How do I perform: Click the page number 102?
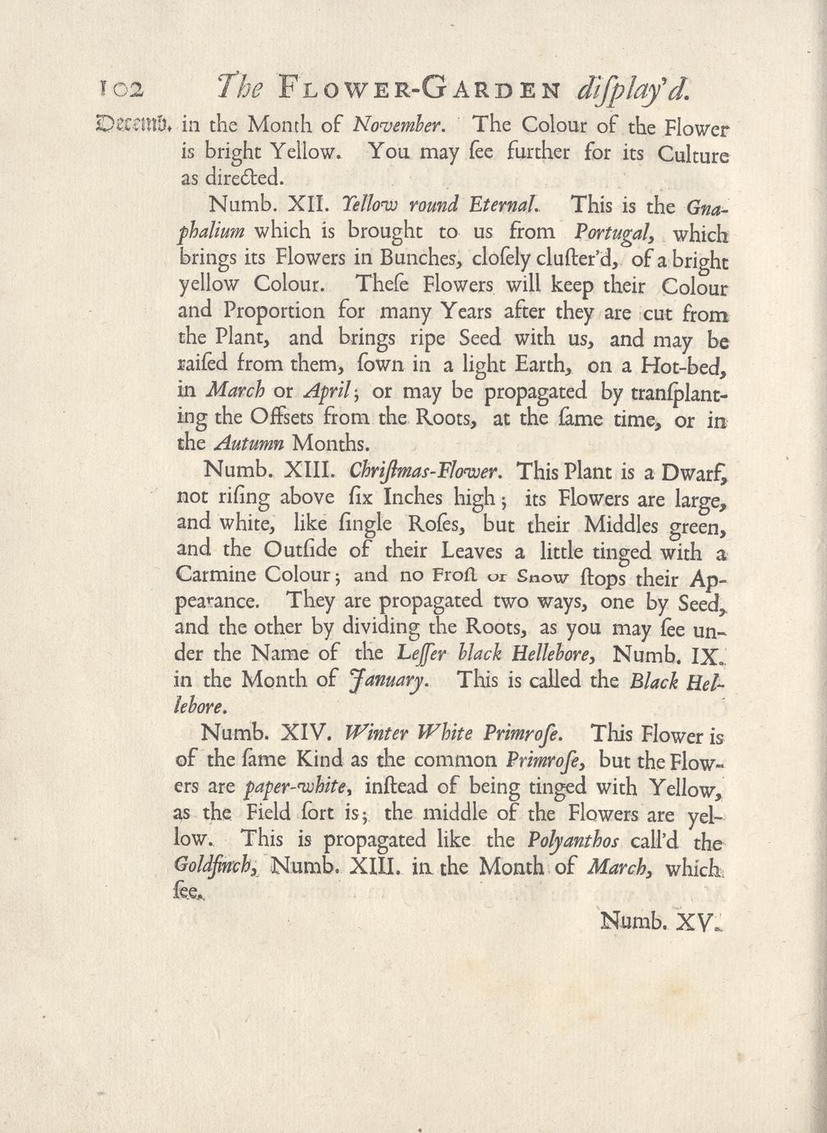(x=121, y=87)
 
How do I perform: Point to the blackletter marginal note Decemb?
(x=133, y=126)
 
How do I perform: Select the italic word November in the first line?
(x=398, y=126)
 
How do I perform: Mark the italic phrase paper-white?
(x=283, y=788)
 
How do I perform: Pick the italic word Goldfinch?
(x=218, y=867)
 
